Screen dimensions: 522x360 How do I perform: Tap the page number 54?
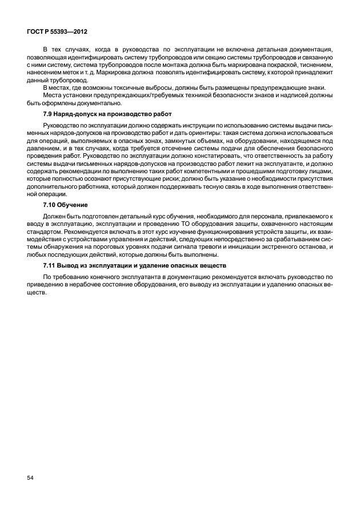click(30, 476)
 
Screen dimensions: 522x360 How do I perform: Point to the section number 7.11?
click(52, 265)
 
